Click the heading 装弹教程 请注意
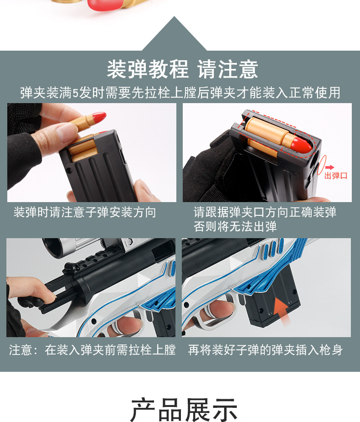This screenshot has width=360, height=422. pos(182,69)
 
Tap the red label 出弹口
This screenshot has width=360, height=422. pos(335,176)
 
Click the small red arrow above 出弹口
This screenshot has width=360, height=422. pos(329,168)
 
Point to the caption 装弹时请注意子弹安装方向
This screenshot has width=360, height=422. pos(85,213)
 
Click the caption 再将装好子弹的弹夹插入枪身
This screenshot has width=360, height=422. pos(265,350)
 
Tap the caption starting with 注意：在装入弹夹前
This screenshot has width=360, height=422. pos(92,350)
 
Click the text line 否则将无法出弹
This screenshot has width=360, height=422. pos(235,226)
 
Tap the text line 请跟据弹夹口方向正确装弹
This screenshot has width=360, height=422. pos(265,213)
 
